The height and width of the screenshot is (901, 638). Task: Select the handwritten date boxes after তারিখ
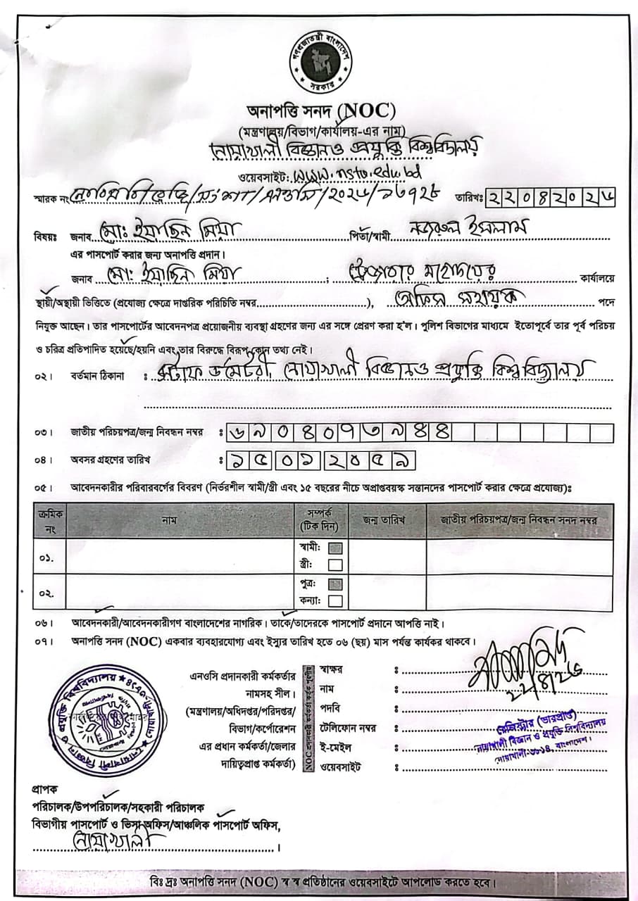click(550, 199)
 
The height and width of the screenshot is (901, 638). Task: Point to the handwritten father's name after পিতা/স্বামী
click(465, 232)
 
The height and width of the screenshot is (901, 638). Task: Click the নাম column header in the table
click(168, 520)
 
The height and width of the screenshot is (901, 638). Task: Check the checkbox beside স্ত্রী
click(335, 565)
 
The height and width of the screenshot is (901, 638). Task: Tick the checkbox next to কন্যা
click(335, 600)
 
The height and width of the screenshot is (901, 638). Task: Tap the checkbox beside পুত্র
click(335, 584)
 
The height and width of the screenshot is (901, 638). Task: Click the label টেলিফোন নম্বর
click(347, 728)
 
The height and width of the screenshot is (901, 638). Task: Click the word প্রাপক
click(44, 789)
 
